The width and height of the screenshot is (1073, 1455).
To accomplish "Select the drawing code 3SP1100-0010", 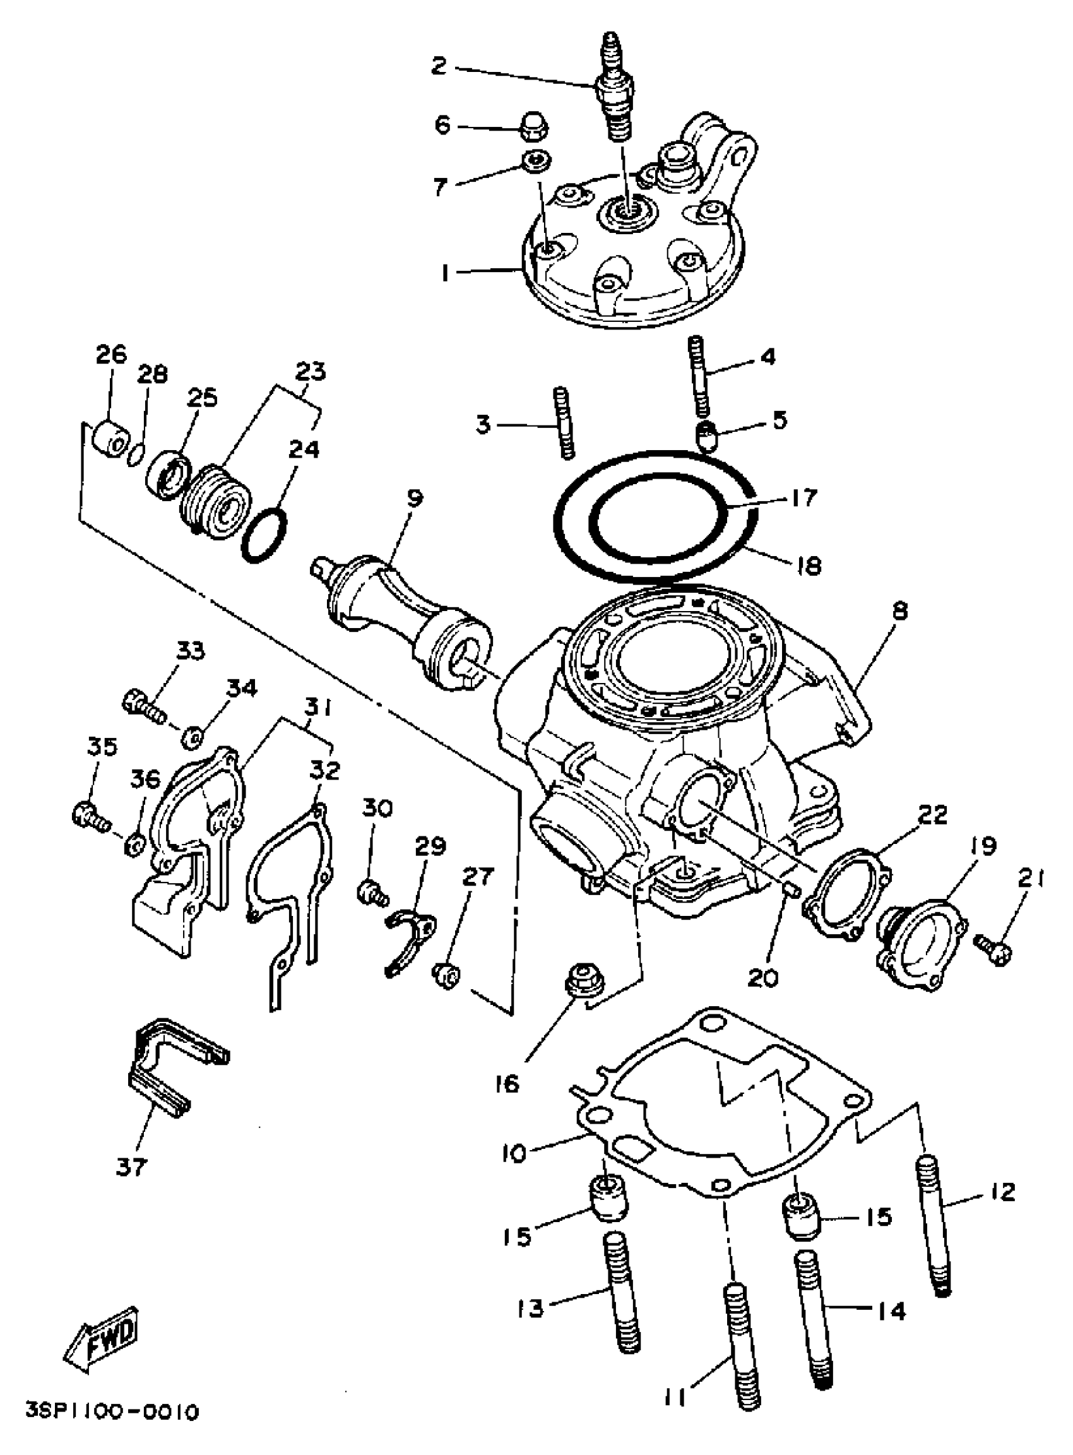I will click(x=112, y=1411).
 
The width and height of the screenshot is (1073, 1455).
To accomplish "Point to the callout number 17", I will click(x=803, y=499).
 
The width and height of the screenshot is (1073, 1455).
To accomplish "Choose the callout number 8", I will click(x=900, y=610).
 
